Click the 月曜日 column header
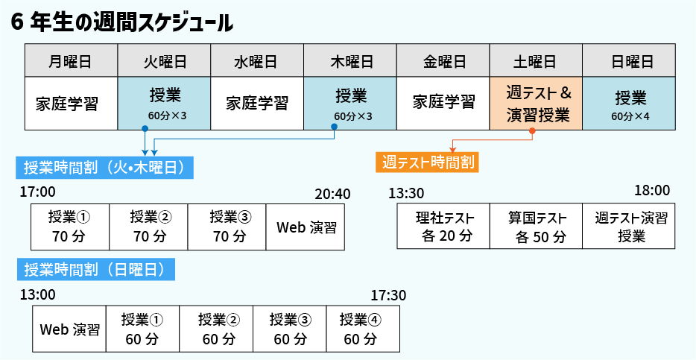pyautogui.click(x=72, y=60)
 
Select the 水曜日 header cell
pyautogui.click(x=257, y=60)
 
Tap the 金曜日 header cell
pyautogui.click(x=443, y=60)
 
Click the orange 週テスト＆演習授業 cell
pyautogui.click(x=536, y=103)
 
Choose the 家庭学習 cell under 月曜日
pyautogui.click(x=72, y=103)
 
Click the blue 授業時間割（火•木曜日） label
pyautogui.click(x=105, y=167)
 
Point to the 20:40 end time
pyautogui.click(x=332, y=194)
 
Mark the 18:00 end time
pyautogui.click(x=652, y=190)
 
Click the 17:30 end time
pyautogui.click(x=388, y=295)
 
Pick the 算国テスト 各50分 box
pyautogui.click(x=536, y=227)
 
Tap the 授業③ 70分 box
pyautogui.click(x=227, y=227)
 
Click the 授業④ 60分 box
pyautogui.click(x=361, y=329)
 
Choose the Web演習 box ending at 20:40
pyautogui.click(x=306, y=227)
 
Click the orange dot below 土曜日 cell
pyautogui.click(x=532, y=131)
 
